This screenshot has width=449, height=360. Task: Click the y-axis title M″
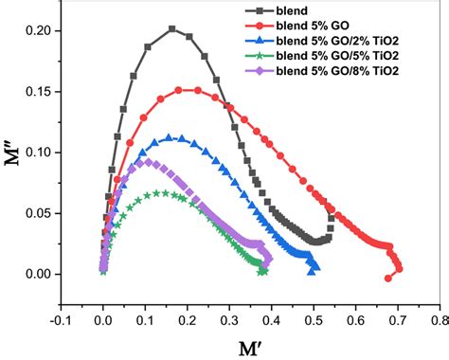coord(13,152)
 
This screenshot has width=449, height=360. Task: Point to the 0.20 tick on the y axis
coord(42,30)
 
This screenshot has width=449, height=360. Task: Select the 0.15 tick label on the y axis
coord(42,91)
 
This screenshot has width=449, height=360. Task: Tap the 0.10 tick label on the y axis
coord(42,153)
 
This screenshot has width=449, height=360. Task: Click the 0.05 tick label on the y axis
coord(42,213)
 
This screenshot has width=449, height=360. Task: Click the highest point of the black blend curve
coord(172,28)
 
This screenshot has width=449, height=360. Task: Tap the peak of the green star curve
coord(165,192)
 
